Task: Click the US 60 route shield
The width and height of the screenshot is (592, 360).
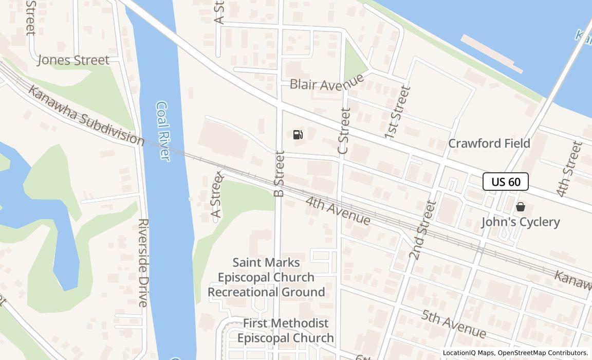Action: point(506,182)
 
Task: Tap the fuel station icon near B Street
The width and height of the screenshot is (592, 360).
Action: point(298,135)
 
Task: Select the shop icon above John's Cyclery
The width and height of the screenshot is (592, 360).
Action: point(521,207)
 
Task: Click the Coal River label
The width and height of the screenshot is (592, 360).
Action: point(163,131)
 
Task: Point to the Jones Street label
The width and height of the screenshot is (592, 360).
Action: point(73,60)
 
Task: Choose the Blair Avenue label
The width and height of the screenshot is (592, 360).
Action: point(327,82)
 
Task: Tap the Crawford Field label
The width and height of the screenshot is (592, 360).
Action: point(489,143)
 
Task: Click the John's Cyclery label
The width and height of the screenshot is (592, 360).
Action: point(521,222)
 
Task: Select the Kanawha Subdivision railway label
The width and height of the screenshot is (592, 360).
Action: point(86,116)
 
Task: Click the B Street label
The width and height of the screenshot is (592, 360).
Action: point(280,174)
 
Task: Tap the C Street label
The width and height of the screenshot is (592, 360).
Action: point(344,131)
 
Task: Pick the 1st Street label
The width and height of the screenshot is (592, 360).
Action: point(398,112)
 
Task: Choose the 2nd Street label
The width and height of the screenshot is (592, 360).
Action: point(422,229)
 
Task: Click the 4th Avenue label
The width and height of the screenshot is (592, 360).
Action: point(338,210)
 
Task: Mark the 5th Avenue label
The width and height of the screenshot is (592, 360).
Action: point(453,323)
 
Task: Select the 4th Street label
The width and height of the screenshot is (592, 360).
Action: point(569,169)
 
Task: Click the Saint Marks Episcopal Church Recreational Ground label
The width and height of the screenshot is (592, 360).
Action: point(266,277)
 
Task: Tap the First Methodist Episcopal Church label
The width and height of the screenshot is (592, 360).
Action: point(286,331)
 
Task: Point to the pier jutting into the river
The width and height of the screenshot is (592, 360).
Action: point(492,53)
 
